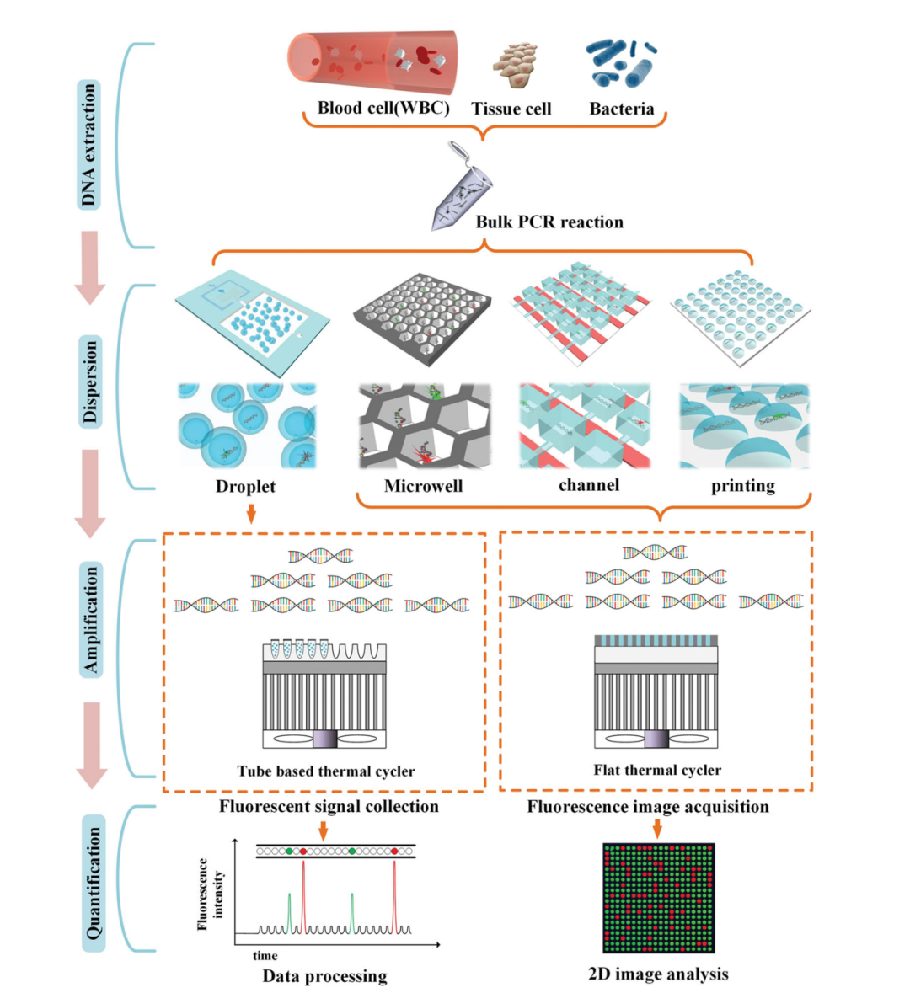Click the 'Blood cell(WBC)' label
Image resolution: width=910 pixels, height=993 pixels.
click(383, 108)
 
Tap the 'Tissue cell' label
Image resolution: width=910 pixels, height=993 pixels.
click(511, 109)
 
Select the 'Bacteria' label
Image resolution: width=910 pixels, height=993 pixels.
click(621, 109)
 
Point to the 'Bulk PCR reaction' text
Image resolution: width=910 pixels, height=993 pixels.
click(549, 222)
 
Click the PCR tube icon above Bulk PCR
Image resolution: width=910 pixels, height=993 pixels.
click(461, 190)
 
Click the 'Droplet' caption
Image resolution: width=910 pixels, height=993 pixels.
click(245, 486)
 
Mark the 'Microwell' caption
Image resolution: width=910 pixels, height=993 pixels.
click(423, 486)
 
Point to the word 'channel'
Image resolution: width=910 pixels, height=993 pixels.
click(588, 485)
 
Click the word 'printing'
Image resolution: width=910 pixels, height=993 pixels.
click(742, 486)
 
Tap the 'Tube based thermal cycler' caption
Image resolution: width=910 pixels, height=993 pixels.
click(325, 771)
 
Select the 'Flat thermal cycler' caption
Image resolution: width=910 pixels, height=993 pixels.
click(657, 770)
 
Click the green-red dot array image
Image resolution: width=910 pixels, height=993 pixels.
click(658, 898)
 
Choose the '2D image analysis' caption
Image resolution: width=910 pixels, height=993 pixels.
click(658, 974)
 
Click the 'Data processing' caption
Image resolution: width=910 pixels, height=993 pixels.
click(324, 976)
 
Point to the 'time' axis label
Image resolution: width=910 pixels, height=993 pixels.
click(265, 955)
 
